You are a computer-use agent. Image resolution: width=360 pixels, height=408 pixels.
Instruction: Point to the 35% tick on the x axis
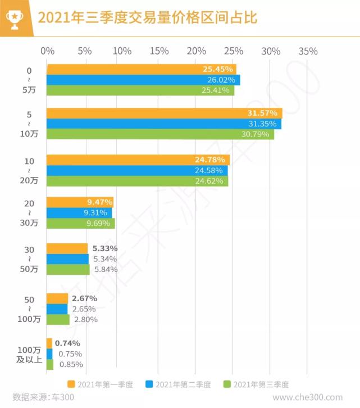click(308, 51)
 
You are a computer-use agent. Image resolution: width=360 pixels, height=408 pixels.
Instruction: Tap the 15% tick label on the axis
click(160, 51)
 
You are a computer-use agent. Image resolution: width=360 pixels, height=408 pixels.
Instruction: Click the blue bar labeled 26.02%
click(143, 80)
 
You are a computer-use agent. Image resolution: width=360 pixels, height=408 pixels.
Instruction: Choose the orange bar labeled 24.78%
click(138, 160)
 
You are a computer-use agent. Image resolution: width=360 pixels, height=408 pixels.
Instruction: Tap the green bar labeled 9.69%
click(80, 224)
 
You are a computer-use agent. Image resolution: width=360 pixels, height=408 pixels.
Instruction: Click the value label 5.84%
click(106, 269)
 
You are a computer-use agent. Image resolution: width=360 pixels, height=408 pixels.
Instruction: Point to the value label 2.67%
click(84, 298)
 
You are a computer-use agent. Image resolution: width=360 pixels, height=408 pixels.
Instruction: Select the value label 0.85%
click(71, 364)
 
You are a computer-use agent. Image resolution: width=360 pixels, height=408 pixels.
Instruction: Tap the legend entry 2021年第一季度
click(100, 384)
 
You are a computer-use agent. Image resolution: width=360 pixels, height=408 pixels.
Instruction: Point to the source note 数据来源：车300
click(43, 397)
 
